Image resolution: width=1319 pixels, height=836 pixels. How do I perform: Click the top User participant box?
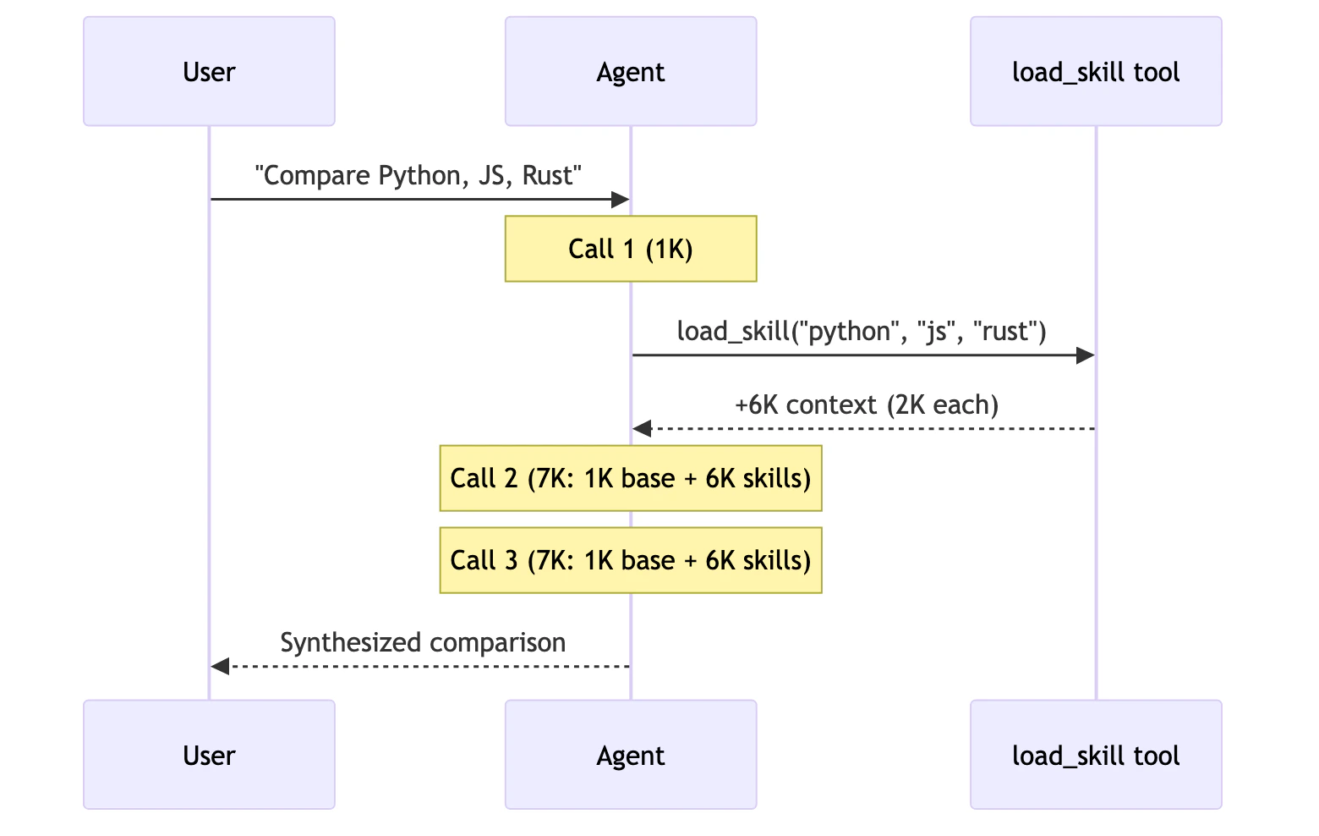209,72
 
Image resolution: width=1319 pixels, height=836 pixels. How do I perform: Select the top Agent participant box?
631,72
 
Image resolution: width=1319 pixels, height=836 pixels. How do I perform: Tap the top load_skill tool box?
1096,72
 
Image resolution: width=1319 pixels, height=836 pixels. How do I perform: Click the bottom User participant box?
209,755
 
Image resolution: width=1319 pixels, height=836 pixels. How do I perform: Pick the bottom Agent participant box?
631,755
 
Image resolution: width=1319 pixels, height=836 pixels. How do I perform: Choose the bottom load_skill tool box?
1096,755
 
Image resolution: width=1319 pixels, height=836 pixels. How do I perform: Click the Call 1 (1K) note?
631,249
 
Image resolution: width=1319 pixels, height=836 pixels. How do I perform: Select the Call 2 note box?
631,478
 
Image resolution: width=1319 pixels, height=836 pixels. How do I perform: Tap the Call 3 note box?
631,560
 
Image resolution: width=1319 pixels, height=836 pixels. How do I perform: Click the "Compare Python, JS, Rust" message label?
419,175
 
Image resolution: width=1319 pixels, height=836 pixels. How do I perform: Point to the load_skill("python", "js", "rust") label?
862,331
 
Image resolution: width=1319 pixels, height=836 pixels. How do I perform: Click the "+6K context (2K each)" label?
867,404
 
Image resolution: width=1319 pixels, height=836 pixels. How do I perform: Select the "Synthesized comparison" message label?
423,642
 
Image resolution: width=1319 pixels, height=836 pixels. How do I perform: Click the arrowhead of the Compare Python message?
621,200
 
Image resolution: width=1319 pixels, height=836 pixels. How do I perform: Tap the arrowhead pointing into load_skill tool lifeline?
1085,355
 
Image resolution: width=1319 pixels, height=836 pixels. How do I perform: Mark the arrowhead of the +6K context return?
643,429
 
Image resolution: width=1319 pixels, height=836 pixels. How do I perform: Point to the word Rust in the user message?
549,175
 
